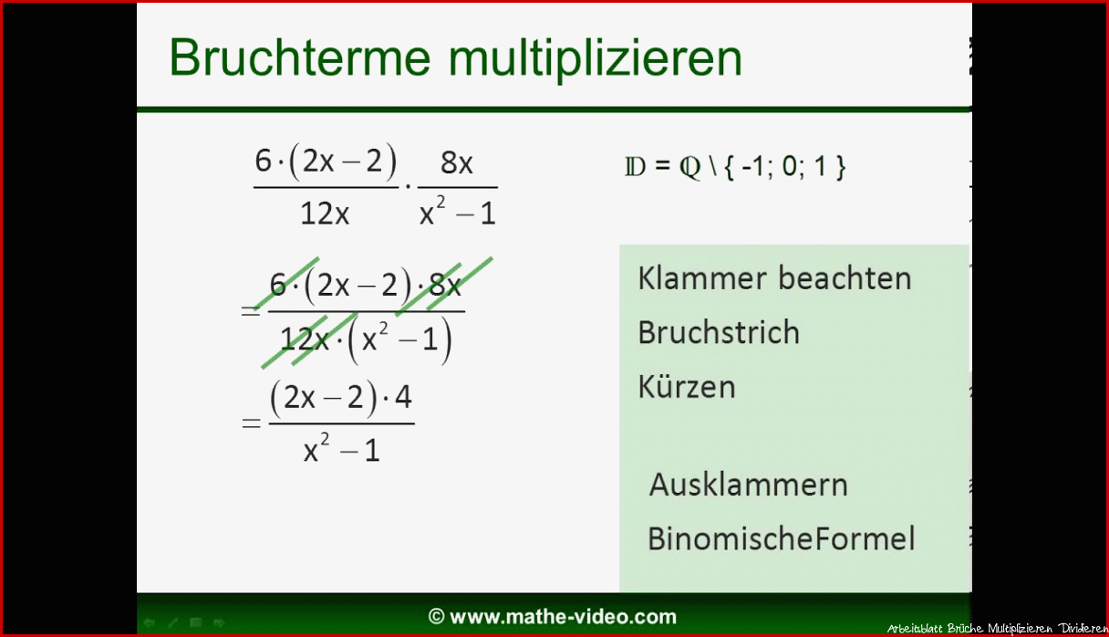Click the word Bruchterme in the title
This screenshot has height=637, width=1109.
pos(300,57)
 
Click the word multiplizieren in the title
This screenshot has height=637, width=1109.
pos(596,59)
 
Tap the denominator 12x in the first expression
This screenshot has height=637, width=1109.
pos(325,214)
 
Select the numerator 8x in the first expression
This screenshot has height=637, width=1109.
pos(457,162)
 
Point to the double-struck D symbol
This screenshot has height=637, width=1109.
pos(636,167)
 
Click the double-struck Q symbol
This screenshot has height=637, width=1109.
pos(690,168)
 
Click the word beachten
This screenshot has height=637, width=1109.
pos(845,277)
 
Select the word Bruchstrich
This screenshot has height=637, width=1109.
pos(719,332)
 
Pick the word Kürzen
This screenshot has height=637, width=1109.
pos(687,386)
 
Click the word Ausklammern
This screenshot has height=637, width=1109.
pos(749,485)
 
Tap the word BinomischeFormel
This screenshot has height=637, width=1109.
pos(782,538)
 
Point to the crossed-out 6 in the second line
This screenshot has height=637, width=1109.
pos(278,285)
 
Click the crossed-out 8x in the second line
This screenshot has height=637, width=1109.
pos(444,285)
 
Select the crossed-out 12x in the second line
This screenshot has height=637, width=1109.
pos(305,339)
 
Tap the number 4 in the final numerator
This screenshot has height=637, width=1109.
pos(403,397)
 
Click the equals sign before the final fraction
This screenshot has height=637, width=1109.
pos(251,423)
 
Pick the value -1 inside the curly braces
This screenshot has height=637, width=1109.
pos(752,166)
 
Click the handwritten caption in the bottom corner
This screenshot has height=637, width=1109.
pos(997,628)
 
